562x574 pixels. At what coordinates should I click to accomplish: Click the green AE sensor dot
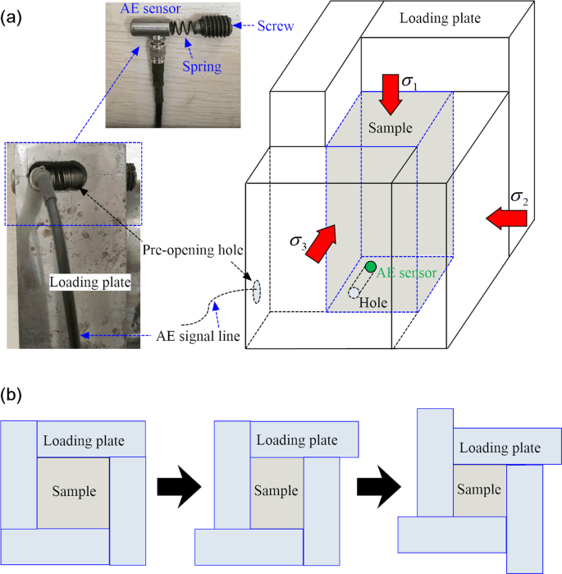tap(371, 267)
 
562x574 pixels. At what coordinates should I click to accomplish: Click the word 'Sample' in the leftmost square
tap(74, 492)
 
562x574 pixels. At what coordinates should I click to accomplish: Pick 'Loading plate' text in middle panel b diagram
tap(296, 441)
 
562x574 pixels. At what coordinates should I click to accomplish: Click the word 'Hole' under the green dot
tap(374, 302)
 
